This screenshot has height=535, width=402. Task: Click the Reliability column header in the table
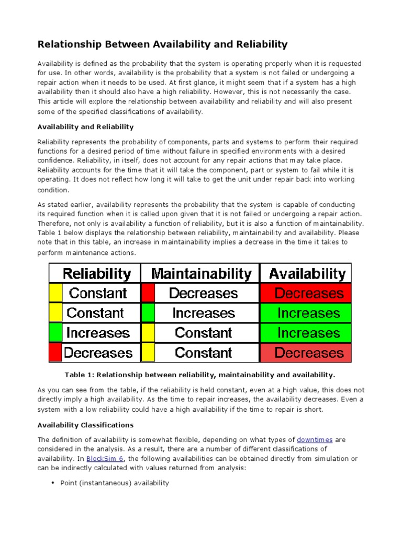point(97,273)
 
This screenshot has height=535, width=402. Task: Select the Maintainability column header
point(201,273)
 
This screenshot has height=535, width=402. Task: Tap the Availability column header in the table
point(307,273)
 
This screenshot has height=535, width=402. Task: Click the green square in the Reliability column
point(55,333)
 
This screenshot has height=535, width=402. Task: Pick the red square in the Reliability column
point(55,353)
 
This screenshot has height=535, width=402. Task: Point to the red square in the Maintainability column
point(148,293)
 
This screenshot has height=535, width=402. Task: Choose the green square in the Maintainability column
point(148,313)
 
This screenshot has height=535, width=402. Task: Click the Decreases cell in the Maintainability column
point(203,293)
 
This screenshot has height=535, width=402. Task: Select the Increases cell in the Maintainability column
point(203,313)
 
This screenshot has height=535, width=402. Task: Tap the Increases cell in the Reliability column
point(98,333)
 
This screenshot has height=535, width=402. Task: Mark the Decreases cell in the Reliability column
point(98,353)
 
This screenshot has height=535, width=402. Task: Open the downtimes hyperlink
point(315,439)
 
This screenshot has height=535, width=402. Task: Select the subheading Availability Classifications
point(85,425)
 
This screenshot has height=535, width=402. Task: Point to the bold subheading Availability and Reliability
point(85,126)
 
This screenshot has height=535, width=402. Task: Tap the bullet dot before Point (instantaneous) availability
point(53,483)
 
